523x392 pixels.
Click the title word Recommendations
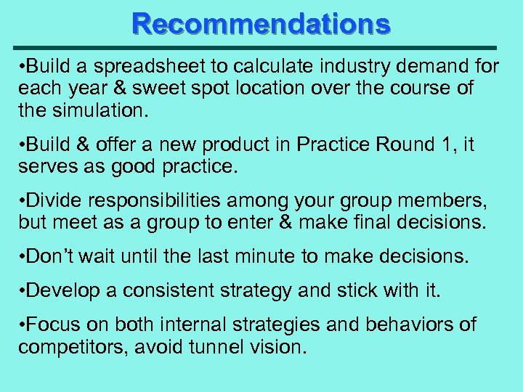(261, 24)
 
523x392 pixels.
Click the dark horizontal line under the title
(261, 45)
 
